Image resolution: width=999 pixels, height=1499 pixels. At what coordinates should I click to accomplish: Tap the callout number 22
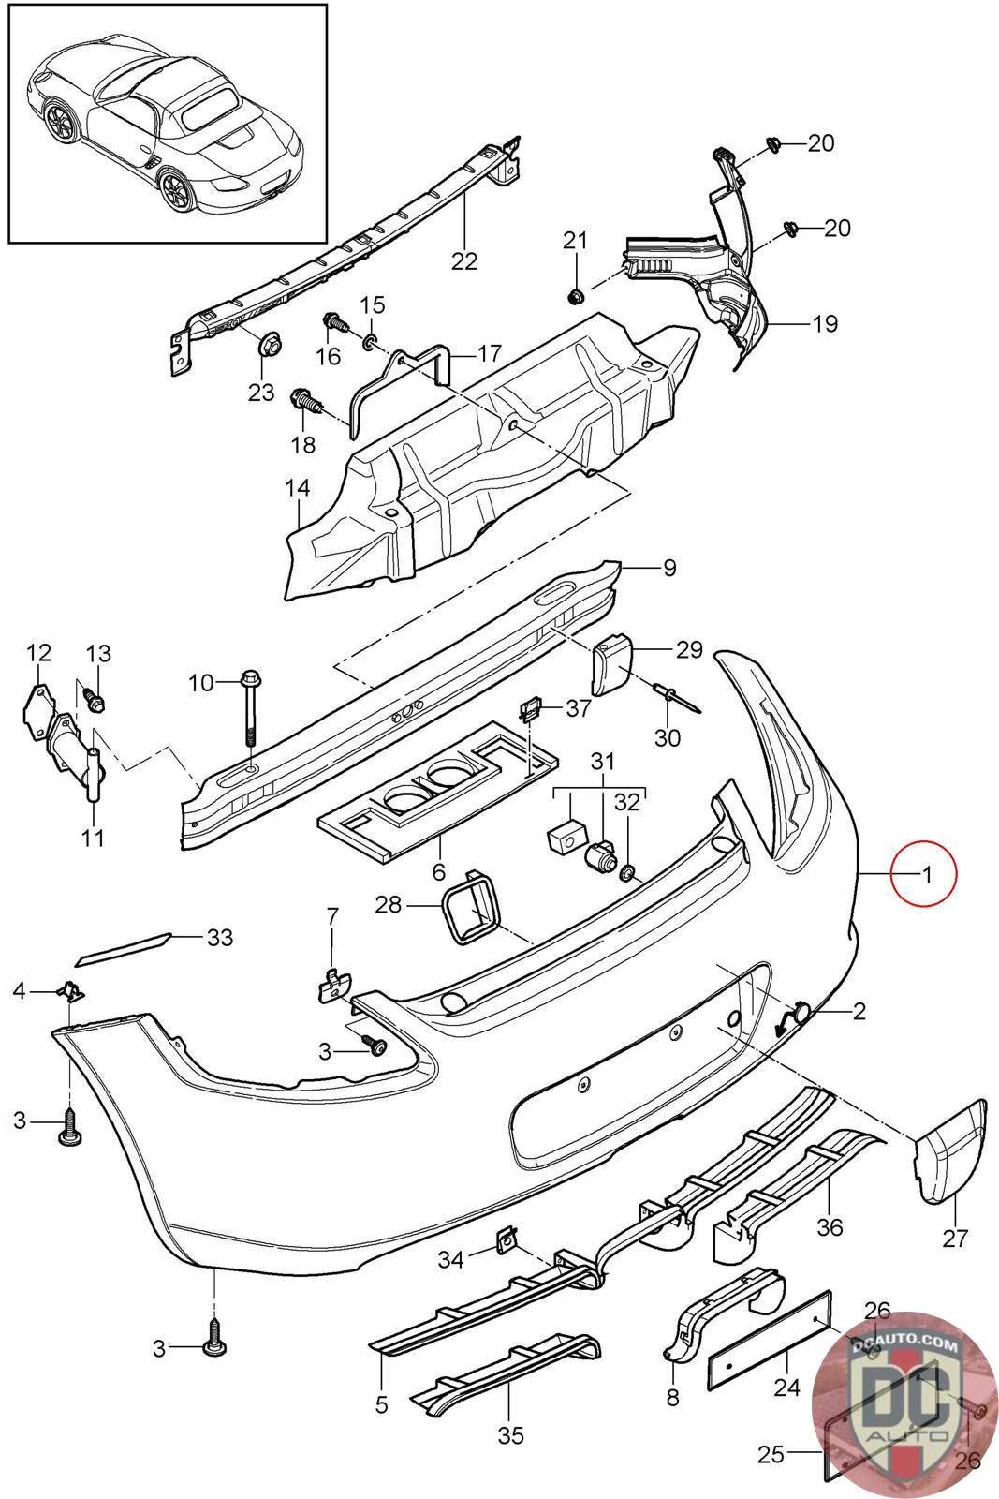pos(464,260)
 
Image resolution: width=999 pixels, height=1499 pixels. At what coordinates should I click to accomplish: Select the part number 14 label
pos(298,487)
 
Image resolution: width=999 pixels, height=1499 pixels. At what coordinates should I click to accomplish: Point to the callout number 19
pos(825,324)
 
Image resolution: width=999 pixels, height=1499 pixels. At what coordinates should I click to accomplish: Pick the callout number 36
pos(830,1226)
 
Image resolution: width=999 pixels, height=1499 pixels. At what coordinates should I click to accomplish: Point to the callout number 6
pos(438,871)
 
